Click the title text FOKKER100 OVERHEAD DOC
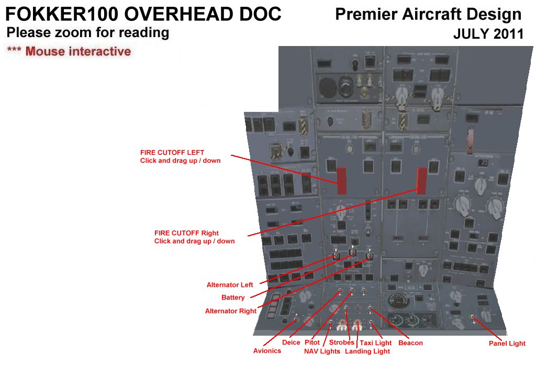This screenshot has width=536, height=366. [143, 14]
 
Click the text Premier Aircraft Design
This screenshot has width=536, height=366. [428, 15]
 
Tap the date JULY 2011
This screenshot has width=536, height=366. [488, 35]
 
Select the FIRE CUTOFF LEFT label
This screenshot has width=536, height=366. [180, 156]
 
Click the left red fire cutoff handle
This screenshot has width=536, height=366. [341, 180]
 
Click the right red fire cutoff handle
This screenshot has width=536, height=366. [421, 180]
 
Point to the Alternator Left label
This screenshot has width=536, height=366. [230, 285]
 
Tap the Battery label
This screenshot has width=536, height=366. [233, 298]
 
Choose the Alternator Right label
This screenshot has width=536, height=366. [230, 311]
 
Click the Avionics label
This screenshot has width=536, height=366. [267, 351]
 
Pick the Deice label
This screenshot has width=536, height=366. [291, 342]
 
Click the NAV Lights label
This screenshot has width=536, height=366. [322, 351]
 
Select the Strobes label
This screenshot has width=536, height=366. [341, 342]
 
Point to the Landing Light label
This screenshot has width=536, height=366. [367, 351]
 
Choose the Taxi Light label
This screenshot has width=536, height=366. [375, 343]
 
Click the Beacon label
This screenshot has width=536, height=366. [410, 343]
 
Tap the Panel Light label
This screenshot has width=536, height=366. [507, 344]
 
